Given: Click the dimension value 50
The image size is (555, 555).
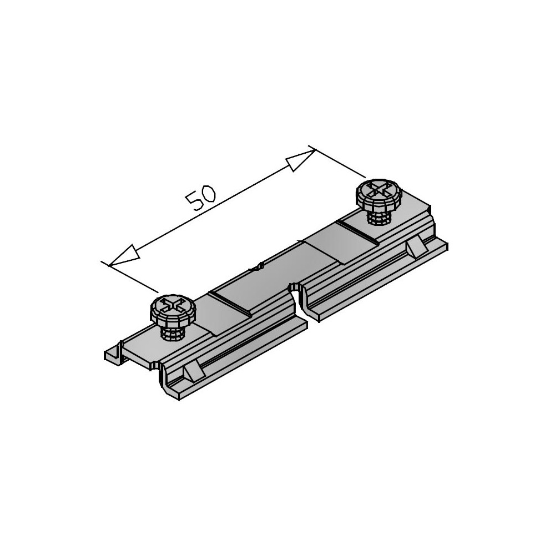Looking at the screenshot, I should (201, 200).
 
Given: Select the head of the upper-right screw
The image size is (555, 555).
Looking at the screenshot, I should (379, 193).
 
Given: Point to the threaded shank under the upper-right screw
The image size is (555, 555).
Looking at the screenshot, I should (380, 218).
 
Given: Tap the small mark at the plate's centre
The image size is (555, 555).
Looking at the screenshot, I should (256, 268).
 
